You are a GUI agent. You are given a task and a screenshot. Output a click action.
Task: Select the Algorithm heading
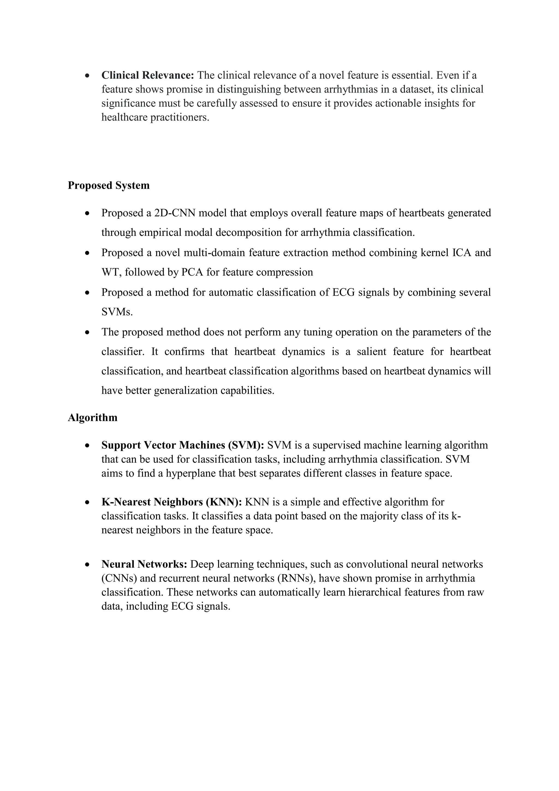(x=93, y=418)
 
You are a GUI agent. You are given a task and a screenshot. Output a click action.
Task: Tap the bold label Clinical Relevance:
(x=148, y=75)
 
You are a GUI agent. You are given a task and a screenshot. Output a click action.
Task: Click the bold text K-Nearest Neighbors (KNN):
(x=172, y=502)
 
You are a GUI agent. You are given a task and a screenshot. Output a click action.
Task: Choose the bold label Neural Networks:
(x=144, y=564)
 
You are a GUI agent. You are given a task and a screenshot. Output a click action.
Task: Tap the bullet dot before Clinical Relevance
(x=88, y=75)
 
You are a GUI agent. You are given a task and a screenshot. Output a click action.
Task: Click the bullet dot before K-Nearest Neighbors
(x=88, y=502)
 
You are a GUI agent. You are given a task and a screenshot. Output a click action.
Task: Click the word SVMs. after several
(x=117, y=312)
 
